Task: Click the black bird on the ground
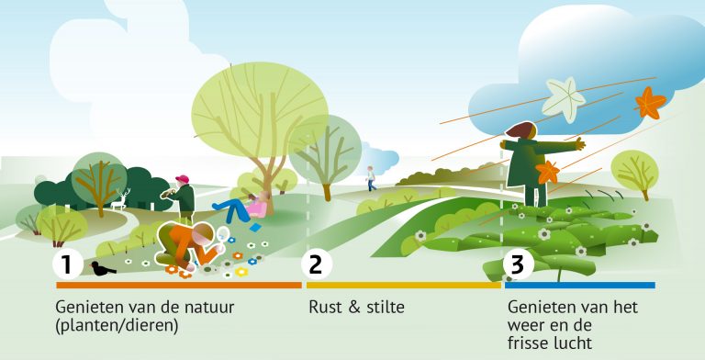coord(102,269)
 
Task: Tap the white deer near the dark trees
coord(120,200)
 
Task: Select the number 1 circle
coord(66,264)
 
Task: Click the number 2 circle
coord(316,264)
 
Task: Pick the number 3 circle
coord(518,264)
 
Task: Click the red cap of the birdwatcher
coord(183,179)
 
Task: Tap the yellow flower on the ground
coord(241,272)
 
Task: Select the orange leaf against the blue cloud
coord(650,102)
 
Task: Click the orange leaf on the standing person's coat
coord(548,172)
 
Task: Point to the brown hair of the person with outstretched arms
coord(520,131)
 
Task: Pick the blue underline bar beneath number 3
coord(579,286)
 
